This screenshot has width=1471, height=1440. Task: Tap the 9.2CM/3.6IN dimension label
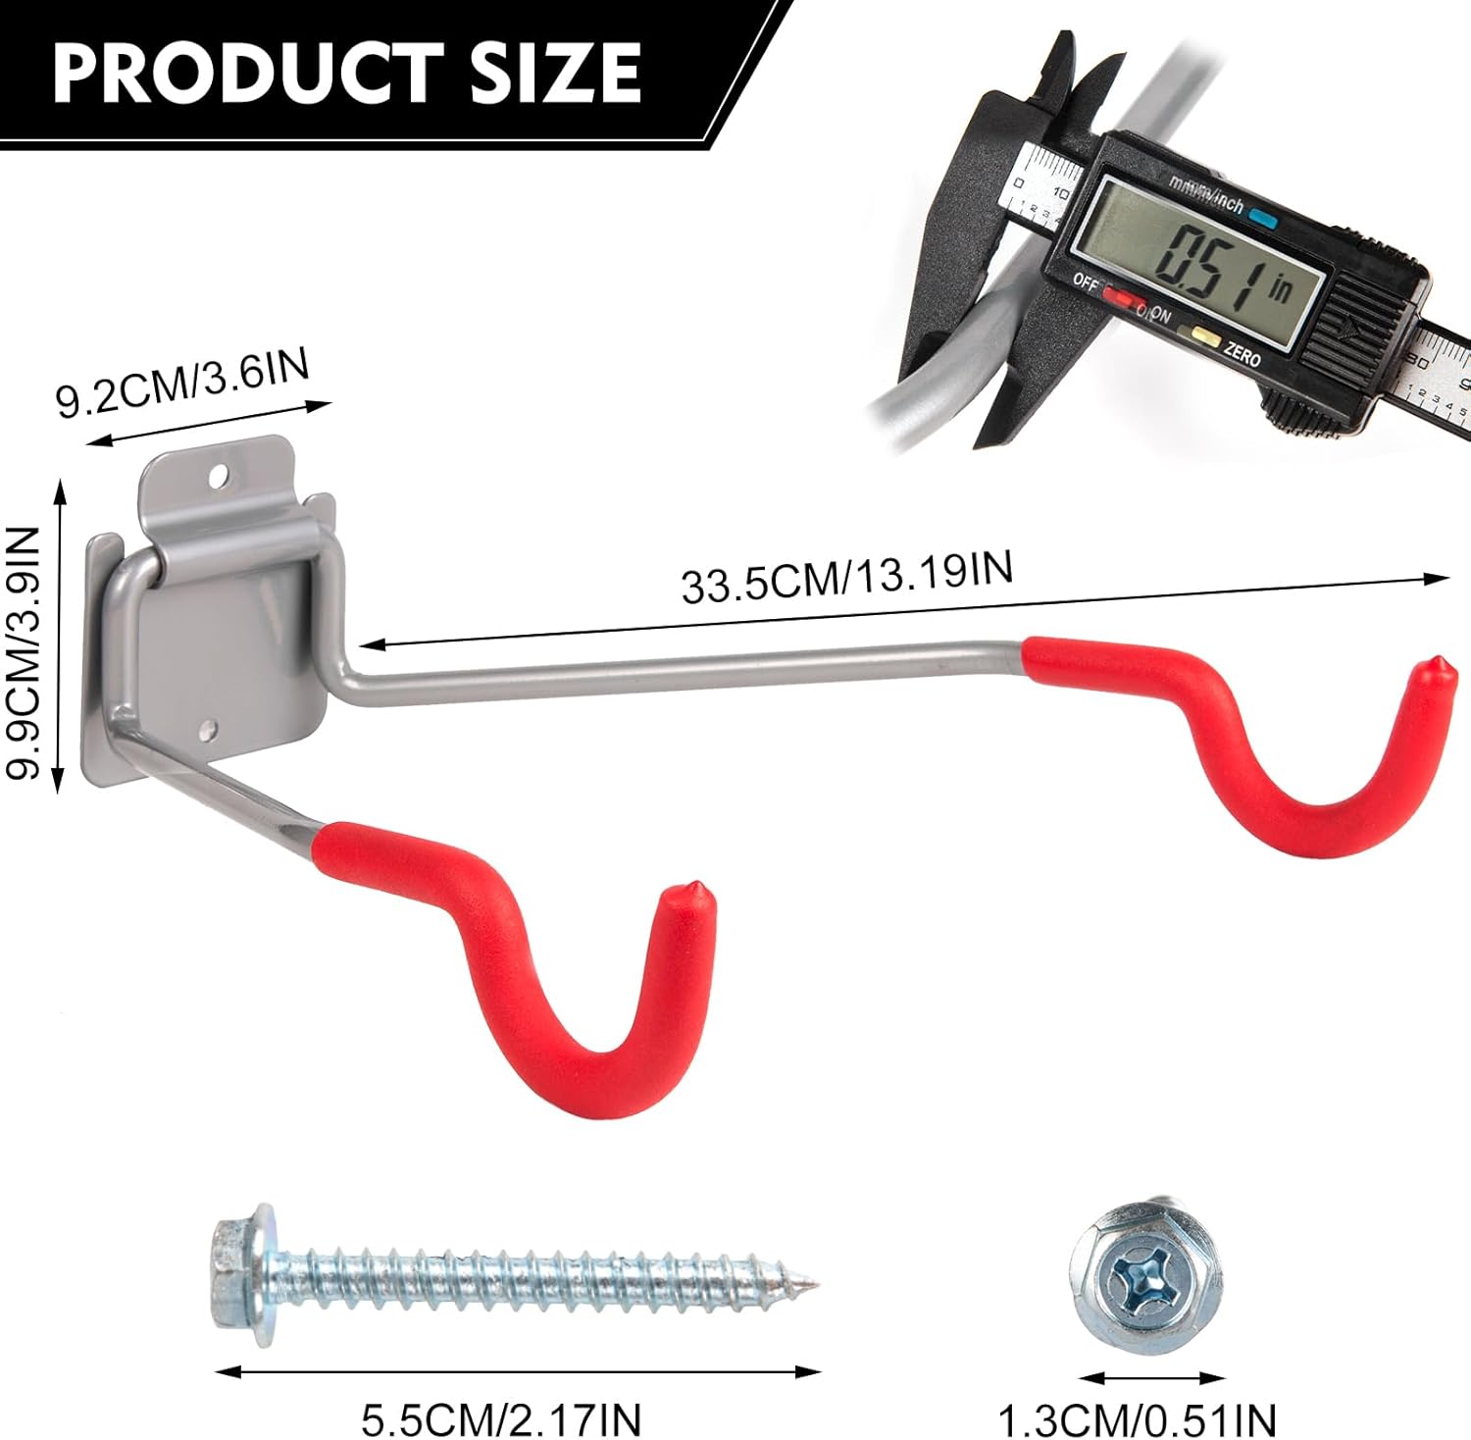click(x=183, y=383)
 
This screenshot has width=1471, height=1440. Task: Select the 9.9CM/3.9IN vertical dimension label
click(x=25, y=652)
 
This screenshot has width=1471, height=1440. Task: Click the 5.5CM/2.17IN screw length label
click(x=501, y=1418)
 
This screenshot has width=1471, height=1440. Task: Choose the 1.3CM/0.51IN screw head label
click(x=1138, y=1419)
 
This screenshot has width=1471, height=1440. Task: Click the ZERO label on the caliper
click(x=1242, y=355)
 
